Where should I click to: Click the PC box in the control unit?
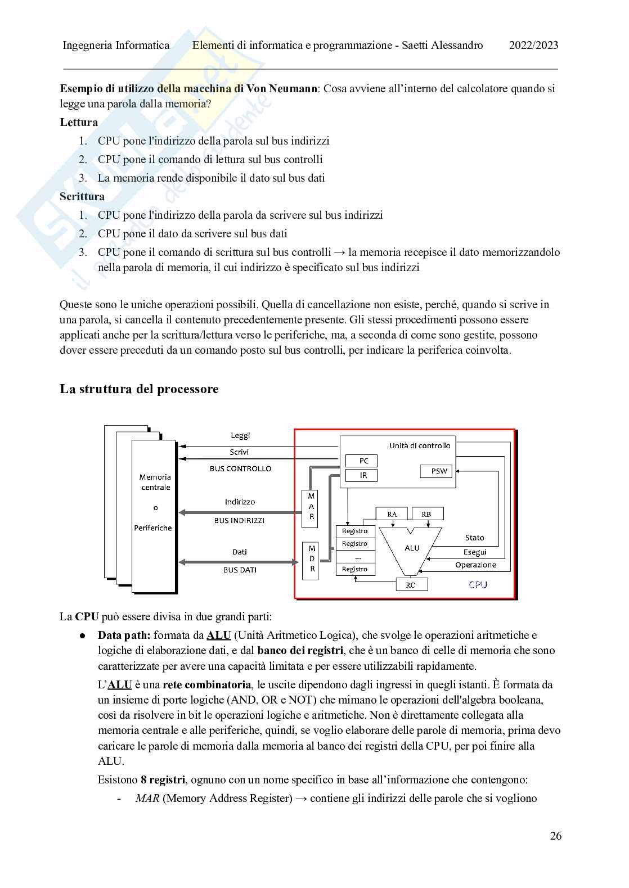pos(363,461)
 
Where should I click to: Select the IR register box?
pos(363,475)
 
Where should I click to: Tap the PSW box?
pos(439,471)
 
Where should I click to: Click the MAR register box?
pos(311,508)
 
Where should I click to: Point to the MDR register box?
pos(311,561)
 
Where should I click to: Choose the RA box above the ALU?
pos(392,514)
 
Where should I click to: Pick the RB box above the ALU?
pos(426,514)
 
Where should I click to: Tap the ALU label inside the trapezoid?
pos(412,548)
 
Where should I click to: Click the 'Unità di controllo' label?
pos(420,445)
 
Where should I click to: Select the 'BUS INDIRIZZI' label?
pos(239,521)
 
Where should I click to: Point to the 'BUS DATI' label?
pos(240,570)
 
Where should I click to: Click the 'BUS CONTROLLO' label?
pos(240,468)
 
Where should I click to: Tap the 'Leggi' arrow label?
pos(240,435)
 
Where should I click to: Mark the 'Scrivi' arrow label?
pos(239,452)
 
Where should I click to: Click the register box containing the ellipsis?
pos(355,557)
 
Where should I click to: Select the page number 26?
pos(555,836)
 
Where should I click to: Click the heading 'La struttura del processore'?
pos(139,389)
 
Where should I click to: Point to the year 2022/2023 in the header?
pos(533,46)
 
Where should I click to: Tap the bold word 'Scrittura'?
pos(82,196)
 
